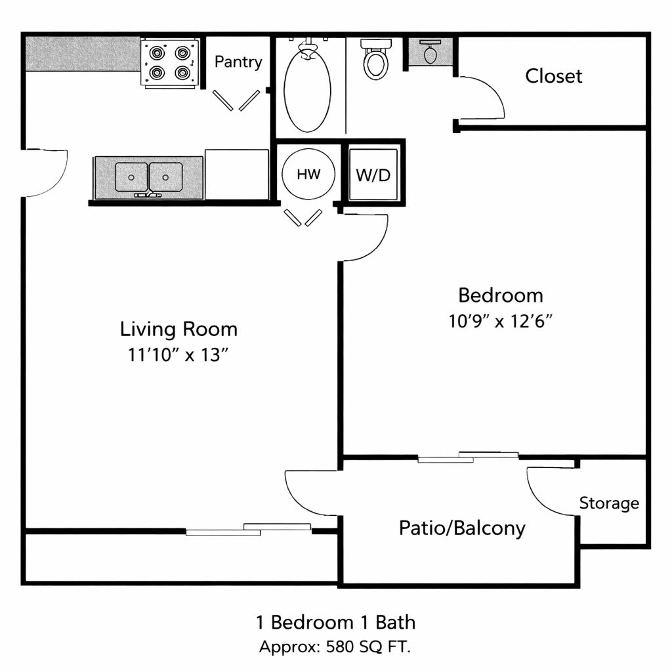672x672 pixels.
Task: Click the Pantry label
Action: point(238,62)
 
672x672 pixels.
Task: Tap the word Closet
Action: point(554,76)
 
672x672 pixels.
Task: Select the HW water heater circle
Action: point(308,174)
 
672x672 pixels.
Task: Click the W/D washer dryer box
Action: point(373,174)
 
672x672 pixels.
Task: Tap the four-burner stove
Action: point(170,64)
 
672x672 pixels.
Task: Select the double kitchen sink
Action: point(148,177)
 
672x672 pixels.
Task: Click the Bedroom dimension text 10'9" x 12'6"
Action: point(500,321)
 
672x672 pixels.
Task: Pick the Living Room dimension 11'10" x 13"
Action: point(178,355)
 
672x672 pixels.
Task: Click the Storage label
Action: point(609,503)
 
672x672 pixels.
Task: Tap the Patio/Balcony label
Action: point(462,528)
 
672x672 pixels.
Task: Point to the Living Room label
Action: point(178,329)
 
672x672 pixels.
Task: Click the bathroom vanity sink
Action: point(430,52)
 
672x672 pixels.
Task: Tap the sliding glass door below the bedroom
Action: point(468,457)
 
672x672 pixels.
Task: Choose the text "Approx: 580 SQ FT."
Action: point(335,646)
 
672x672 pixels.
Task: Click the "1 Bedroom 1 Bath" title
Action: point(335,622)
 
